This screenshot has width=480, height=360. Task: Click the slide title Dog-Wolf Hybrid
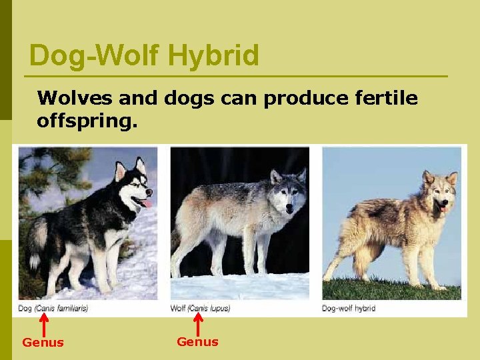144,55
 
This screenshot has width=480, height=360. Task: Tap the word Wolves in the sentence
74,99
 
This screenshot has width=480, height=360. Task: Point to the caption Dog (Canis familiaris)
53,308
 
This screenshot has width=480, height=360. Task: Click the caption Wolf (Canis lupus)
200,308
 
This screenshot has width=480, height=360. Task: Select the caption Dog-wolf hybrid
349,308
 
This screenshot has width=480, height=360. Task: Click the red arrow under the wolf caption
197,325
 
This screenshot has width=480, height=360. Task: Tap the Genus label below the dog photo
43,343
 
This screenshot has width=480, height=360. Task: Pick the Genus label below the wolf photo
197,342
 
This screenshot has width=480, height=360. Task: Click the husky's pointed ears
130,167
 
